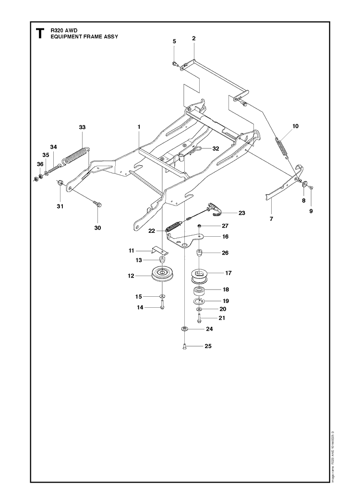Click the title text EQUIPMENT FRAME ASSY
click(84, 36)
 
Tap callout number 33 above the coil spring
click(82, 127)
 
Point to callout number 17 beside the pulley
click(228, 273)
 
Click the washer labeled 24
click(184, 329)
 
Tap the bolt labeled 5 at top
click(175, 62)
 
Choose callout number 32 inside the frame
click(216, 148)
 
